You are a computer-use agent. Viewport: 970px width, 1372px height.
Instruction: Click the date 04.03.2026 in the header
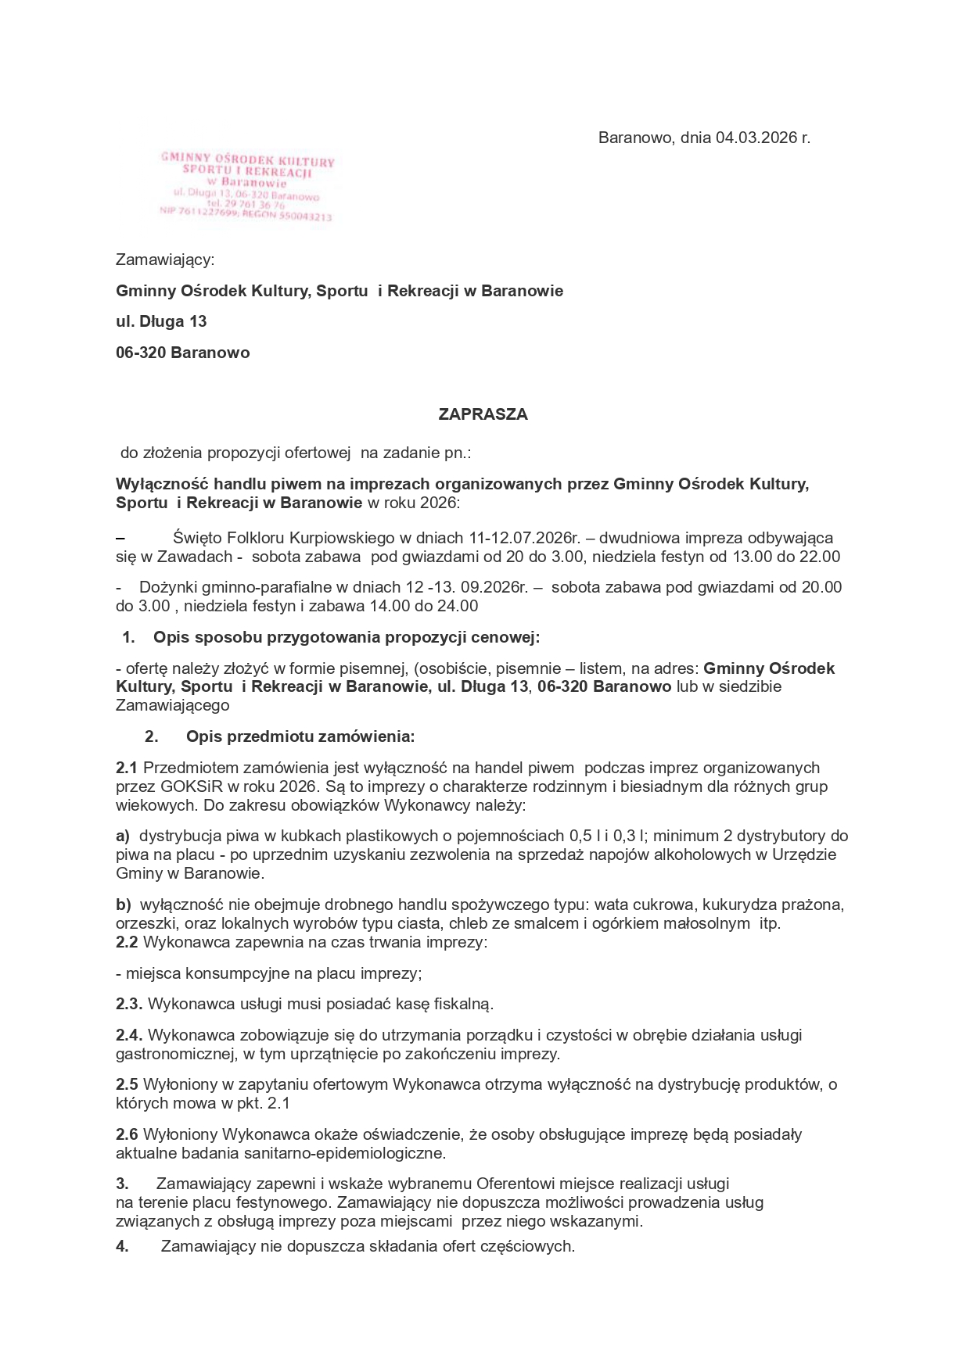756,138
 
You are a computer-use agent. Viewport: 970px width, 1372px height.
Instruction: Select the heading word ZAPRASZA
483,414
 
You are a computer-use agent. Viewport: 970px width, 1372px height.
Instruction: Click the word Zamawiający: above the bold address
165,260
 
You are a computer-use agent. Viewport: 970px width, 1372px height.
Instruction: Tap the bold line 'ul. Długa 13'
161,321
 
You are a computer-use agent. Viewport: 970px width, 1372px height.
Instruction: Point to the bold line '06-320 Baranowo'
183,353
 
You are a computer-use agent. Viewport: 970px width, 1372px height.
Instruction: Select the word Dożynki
165,587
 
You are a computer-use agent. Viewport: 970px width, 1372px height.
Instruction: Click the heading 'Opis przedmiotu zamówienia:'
300,736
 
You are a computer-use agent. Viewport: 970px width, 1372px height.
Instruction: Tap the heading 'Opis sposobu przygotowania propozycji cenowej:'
347,637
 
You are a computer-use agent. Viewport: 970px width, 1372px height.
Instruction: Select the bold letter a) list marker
123,836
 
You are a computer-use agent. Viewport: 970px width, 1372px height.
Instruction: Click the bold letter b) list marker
124,905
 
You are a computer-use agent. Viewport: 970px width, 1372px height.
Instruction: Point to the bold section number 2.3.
129,1004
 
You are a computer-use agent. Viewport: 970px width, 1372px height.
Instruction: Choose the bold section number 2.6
127,1134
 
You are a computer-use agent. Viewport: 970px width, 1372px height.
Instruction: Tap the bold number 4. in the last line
122,1247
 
